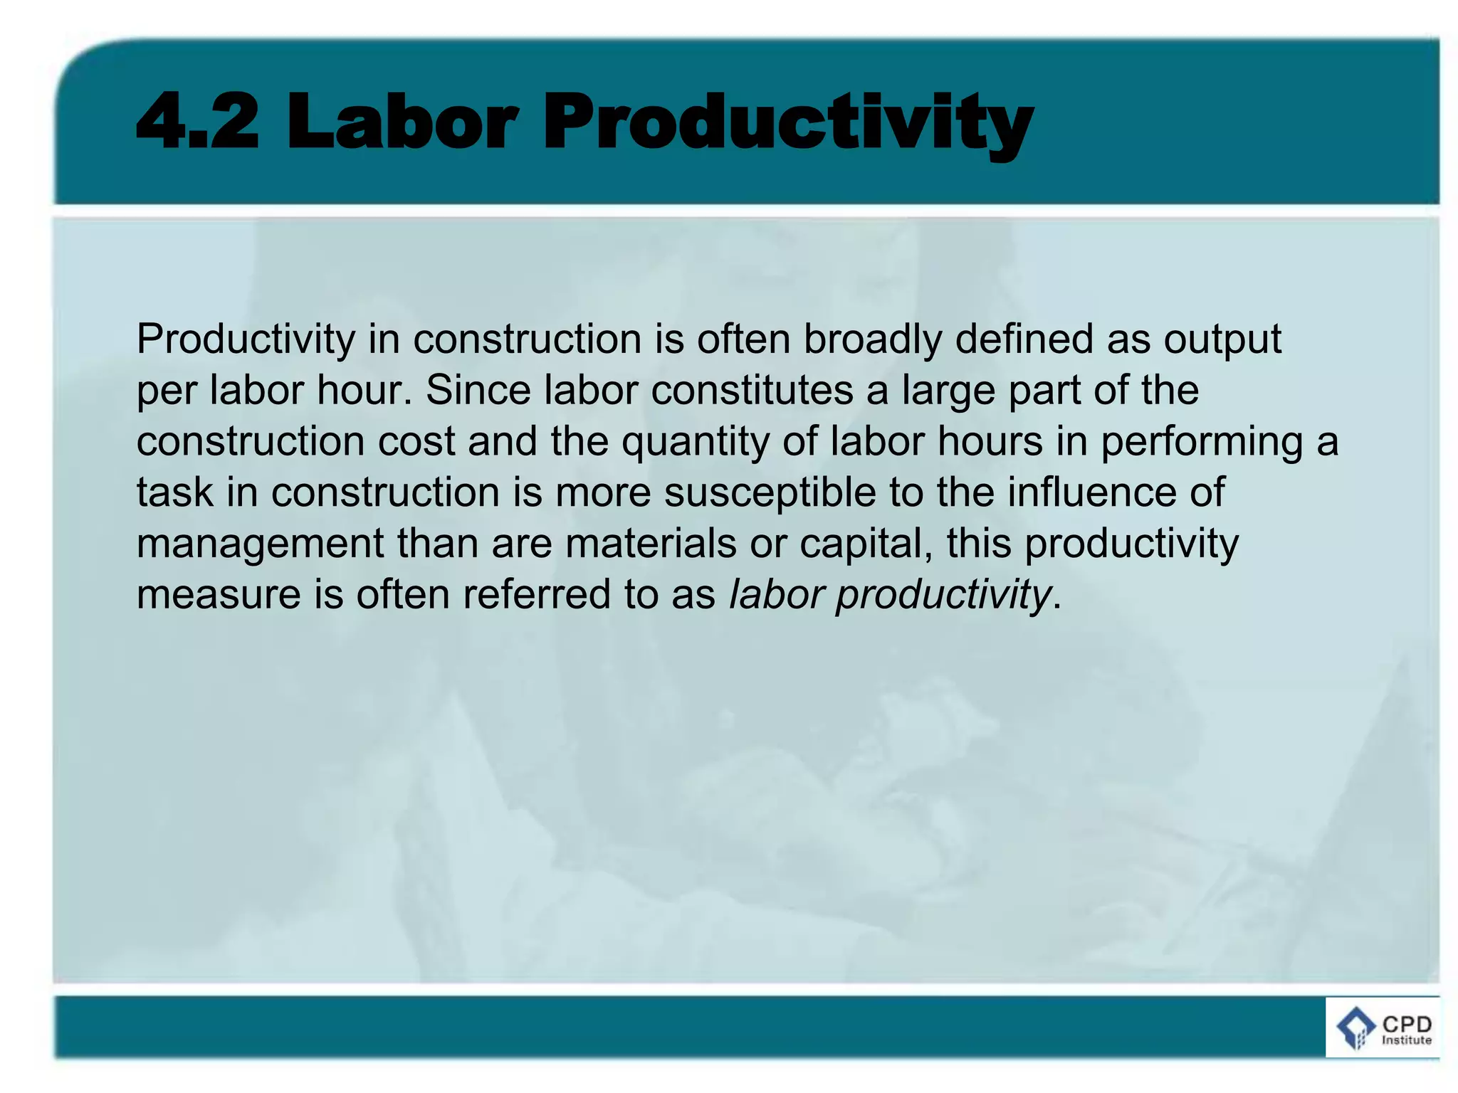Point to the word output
pos(1222,340)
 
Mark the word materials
pos(651,544)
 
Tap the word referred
pos(537,595)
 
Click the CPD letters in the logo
pos(1407,1025)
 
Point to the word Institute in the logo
pos(1407,1040)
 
